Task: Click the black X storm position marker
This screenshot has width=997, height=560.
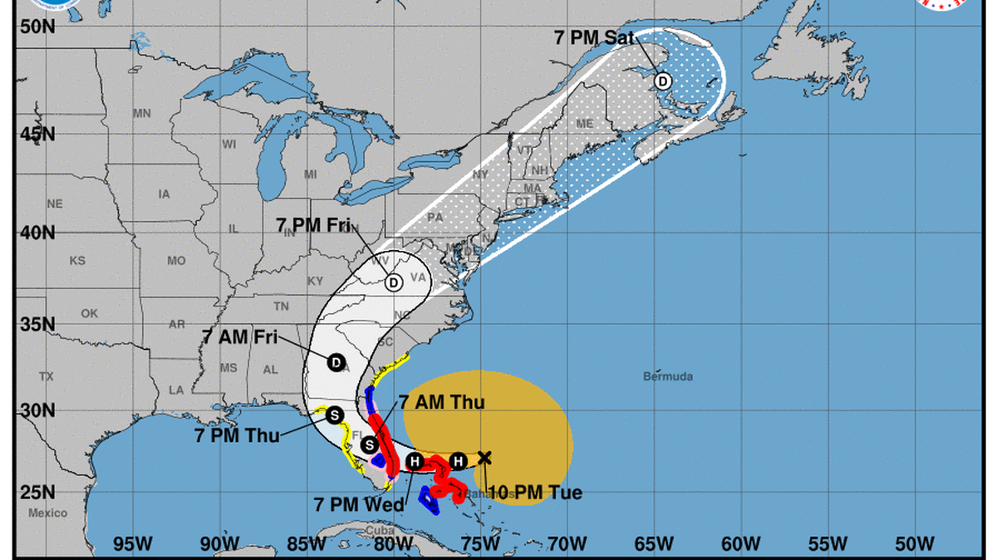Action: (485, 457)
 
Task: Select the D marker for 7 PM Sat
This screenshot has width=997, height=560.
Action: (663, 81)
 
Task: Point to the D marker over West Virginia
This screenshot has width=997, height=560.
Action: (394, 282)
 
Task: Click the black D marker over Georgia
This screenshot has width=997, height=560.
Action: (336, 362)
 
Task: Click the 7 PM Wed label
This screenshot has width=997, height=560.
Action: (359, 504)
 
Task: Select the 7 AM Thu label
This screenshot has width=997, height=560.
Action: (441, 402)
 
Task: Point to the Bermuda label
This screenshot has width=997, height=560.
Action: (667, 376)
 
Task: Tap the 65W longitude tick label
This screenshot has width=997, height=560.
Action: (653, 544)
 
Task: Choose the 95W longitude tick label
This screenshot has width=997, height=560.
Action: (133, 544)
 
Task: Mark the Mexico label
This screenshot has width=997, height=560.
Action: (47, 513)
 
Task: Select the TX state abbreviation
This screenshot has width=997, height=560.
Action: (46, 376)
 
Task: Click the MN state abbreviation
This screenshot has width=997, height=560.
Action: (142, 113)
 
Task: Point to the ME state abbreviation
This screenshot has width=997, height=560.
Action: (584, 124)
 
